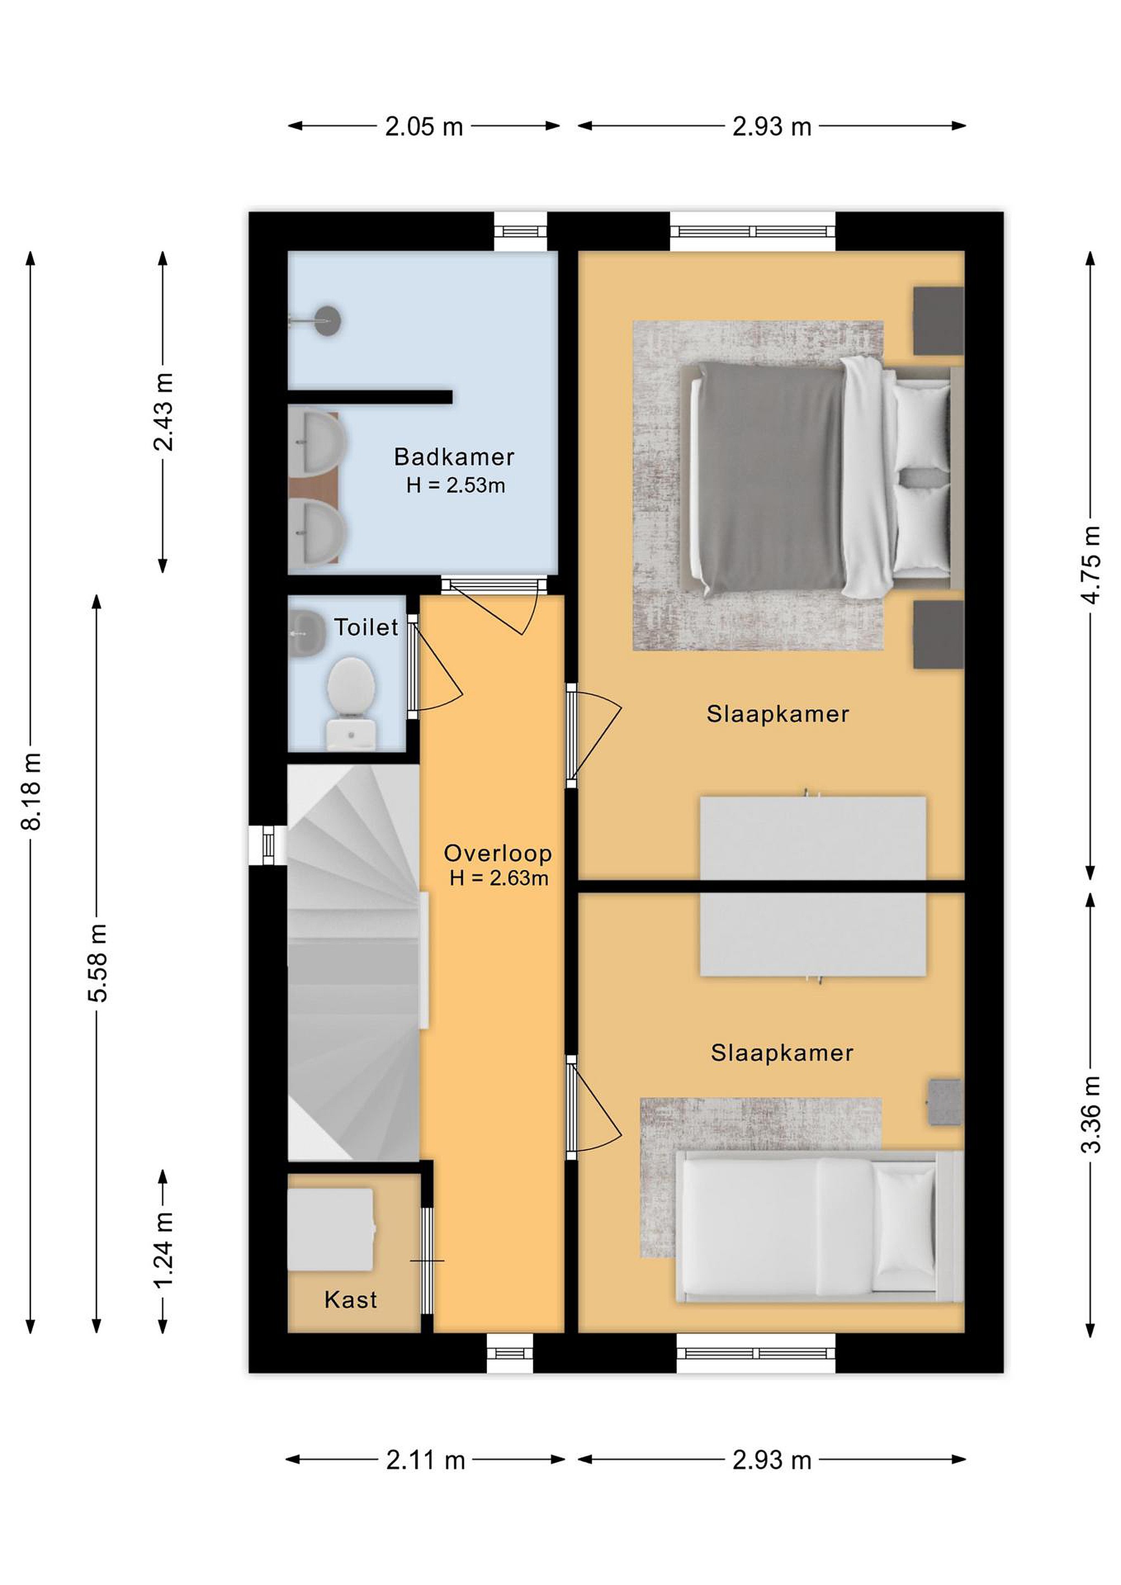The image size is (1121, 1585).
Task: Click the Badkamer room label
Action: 453,457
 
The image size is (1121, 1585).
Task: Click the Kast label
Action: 351,1300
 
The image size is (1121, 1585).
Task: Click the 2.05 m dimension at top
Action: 424,127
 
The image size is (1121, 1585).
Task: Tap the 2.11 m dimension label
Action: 425,1461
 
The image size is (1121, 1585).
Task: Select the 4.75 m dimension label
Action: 1091,565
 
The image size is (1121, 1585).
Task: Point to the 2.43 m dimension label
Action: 163,412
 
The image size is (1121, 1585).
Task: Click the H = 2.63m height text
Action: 499,879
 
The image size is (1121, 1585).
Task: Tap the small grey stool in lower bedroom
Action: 944,1103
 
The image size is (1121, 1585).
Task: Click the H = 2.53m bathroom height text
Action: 456,486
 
